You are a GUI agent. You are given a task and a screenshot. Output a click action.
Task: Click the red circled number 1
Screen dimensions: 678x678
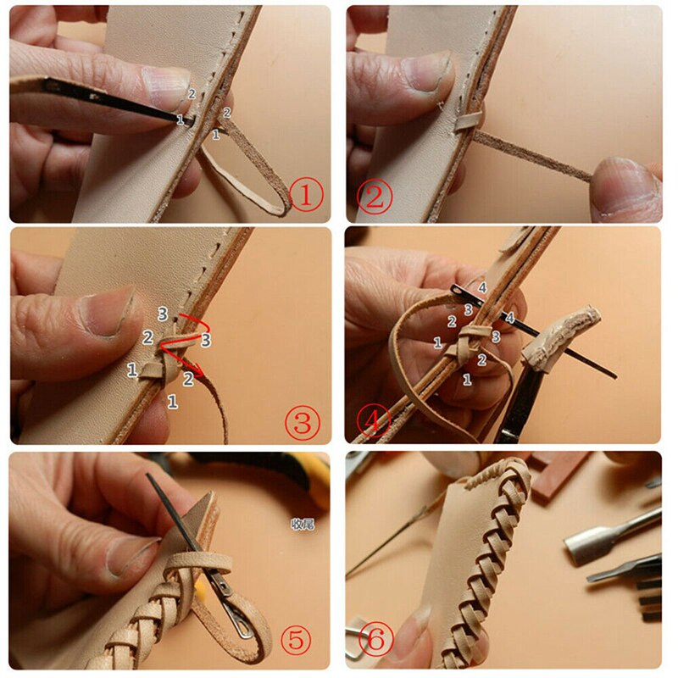click(x=306, y=196)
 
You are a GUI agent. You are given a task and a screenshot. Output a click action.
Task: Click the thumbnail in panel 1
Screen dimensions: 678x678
click(x=166, y=83)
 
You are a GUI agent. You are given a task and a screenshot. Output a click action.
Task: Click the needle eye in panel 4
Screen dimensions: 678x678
click(x=462, y=293)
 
